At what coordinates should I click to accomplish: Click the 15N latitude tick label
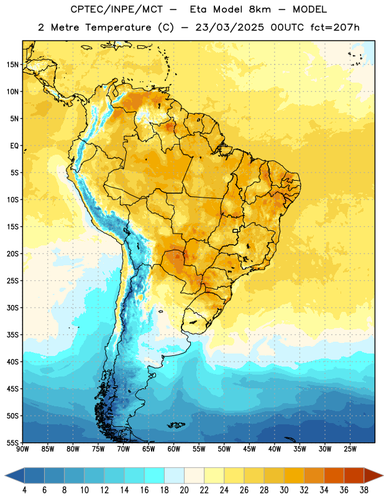click(12, 65)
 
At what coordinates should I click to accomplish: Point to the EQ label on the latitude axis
click(14, 146)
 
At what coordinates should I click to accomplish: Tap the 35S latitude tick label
click(12, 335)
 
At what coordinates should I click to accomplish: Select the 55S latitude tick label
click(12, 442)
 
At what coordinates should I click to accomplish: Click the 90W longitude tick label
click(22, 449)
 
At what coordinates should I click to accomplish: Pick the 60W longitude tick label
click(174, 449)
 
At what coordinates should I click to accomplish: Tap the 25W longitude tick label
click(350, 449)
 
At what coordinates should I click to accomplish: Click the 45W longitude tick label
click(249, 449)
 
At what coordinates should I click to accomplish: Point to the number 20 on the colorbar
click(184, 490)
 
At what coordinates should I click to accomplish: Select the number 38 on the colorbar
click(364, 490)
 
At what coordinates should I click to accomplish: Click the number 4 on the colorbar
click(24, 490)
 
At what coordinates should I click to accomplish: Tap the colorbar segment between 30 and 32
click(294, 476)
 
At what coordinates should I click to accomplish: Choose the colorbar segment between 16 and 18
click(155, 476)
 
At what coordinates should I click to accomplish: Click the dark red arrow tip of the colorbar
click(380, 476)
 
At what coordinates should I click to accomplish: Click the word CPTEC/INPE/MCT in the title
click(116, 9)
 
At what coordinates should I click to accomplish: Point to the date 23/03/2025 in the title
click(229, 27)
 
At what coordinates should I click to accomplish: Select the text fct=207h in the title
click(335, 27)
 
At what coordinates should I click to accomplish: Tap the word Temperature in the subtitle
click(118, 28)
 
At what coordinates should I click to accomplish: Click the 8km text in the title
click(260, 9)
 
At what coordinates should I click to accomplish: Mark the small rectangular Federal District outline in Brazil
click(235, 230)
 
